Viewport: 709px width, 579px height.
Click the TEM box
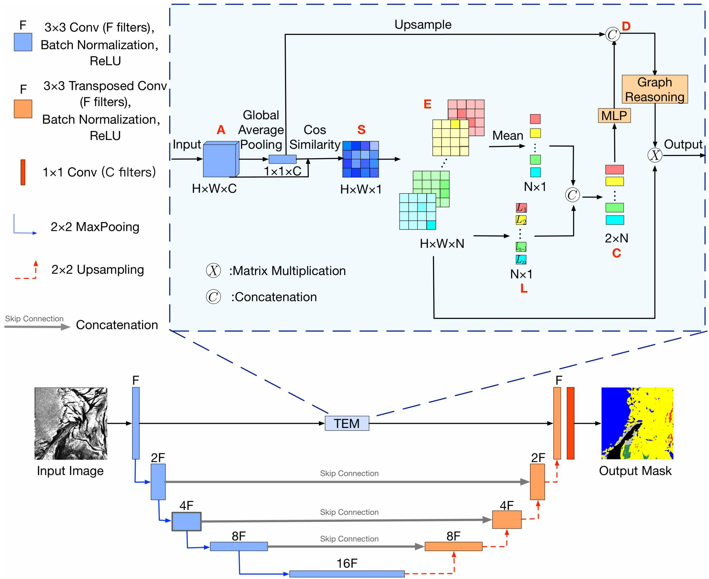coord(347,423)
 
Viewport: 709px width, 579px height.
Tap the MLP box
coord(614,115)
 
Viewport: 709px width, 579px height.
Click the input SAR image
coord(71,423)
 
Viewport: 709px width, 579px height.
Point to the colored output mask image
coord(637,423)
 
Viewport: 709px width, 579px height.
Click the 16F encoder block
coord(347,574)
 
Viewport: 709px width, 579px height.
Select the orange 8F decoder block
coord(453,546)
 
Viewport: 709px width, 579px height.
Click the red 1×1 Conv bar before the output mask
coord(570,423)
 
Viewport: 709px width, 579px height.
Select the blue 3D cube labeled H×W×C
coord(220,160)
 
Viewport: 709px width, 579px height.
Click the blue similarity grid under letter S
coord(360,159)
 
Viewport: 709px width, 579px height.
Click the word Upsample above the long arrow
coord(423,25)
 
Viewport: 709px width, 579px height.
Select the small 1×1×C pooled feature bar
coord(282,159)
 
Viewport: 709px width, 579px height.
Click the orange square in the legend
coord(23,109)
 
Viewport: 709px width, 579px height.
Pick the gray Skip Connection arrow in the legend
coord(37,327)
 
